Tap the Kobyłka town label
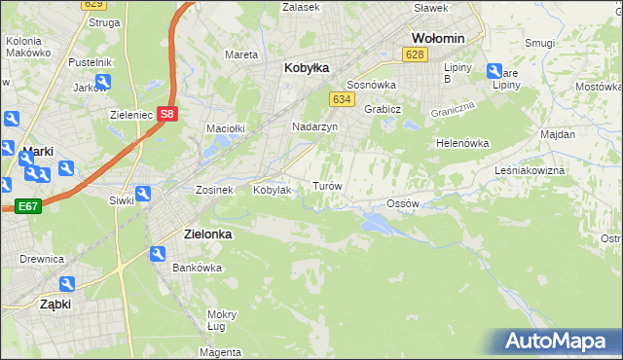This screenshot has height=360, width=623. [x=307, y=68]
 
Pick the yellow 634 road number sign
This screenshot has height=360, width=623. [x=341, y=100]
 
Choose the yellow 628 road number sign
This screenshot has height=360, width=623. [x=416, y=54]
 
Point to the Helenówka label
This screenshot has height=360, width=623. [x=461, y=143]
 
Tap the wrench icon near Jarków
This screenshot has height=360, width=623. [x=103, y=82]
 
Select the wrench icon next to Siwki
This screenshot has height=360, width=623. [x=143, y=195]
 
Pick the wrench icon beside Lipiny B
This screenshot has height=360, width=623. [x=494, y=71]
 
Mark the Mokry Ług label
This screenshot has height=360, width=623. [x=222, y=320]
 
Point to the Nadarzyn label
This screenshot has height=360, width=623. [x=314, y=126]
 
